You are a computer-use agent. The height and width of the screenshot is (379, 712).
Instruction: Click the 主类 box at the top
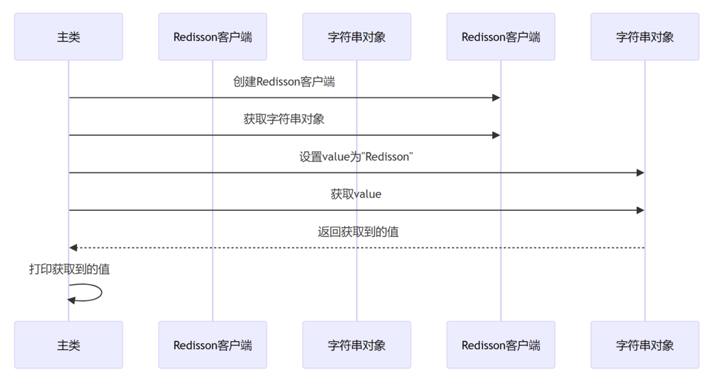68,37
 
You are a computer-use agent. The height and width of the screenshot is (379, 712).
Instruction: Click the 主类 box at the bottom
68,345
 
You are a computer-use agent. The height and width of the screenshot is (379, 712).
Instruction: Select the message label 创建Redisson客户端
284,82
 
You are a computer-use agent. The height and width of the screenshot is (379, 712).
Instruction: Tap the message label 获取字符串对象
284,119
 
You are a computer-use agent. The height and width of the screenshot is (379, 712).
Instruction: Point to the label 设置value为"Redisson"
356,157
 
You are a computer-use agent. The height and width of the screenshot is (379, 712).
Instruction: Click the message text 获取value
356,194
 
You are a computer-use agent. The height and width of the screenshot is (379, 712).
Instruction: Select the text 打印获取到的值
69,269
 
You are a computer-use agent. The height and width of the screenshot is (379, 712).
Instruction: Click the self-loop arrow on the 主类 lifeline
101,293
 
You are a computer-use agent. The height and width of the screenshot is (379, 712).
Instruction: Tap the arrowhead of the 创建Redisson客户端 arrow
496,97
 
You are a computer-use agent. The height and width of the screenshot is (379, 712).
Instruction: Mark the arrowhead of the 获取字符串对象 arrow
496,135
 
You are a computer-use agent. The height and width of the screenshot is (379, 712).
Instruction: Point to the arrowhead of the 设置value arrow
640,173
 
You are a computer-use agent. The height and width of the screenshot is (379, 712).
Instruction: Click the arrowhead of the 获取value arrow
640,210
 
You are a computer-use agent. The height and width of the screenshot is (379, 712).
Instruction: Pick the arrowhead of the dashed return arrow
73,247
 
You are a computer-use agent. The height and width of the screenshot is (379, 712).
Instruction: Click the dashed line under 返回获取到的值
357,247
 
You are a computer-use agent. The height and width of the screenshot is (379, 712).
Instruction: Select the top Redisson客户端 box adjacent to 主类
213,37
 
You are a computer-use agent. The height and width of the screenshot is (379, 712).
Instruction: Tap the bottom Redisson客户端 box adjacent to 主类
213,345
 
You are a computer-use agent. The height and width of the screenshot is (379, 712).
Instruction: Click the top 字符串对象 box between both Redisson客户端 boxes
357,37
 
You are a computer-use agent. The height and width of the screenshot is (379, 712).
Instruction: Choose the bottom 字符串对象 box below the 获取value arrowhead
645,345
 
